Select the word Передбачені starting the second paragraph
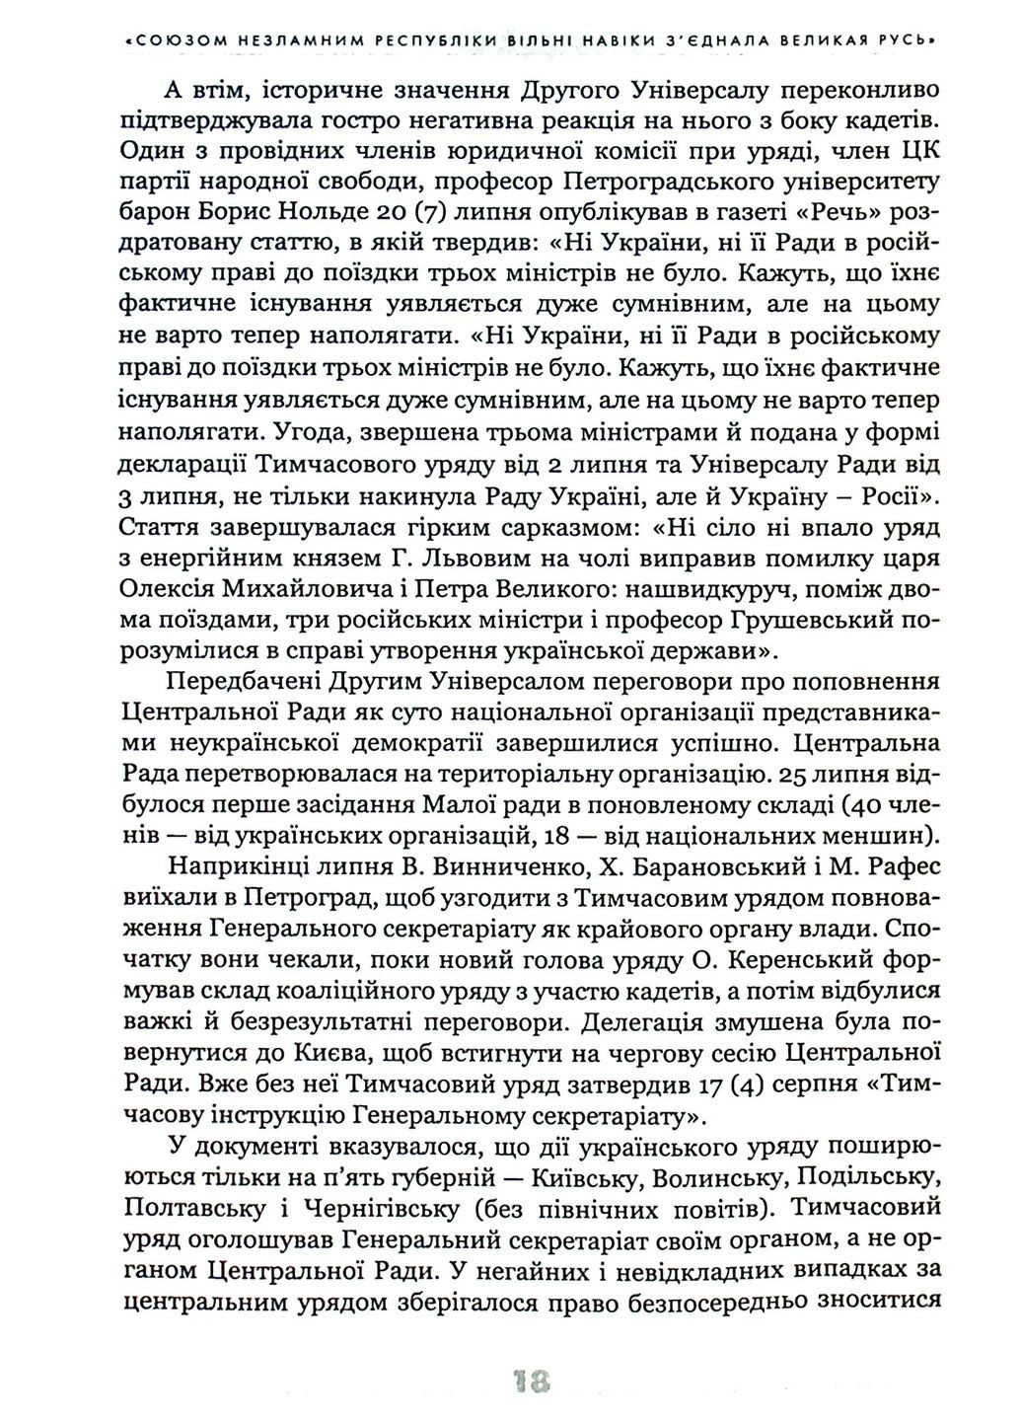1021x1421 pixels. tap(241, 681)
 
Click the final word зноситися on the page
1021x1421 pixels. tap(879, 1301)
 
